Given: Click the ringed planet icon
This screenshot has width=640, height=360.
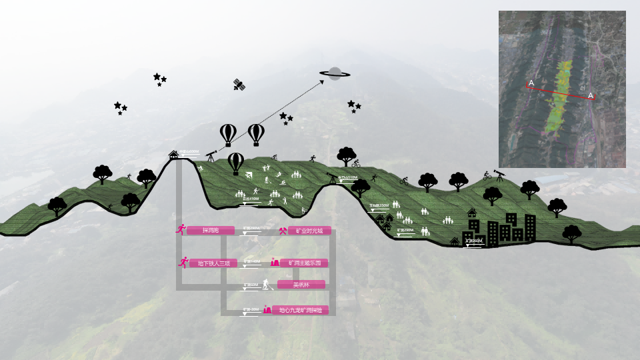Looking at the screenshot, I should (335, 73).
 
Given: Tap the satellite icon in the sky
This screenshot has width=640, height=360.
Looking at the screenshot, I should (239, 85).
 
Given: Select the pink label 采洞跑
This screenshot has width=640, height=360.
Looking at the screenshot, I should (210, 231).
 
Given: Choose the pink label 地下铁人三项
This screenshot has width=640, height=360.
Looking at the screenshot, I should (213, 263).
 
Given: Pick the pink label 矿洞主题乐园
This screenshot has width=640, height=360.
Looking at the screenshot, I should (304, 263).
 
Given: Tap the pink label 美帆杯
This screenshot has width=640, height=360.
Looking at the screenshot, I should (301, 285).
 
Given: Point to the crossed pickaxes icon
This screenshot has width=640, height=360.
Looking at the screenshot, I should (283, 231).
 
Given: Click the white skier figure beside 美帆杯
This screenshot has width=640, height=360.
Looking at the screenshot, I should (267, 285).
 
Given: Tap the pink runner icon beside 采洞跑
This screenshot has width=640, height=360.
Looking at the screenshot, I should (180, 230).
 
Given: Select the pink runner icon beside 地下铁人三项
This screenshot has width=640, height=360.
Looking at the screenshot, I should (183, 263).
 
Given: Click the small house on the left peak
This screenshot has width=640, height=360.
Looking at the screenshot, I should (173, 154).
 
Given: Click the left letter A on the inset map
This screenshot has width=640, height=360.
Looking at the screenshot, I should (531, 83).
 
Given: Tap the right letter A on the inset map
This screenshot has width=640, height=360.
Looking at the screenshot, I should (591, 96).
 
